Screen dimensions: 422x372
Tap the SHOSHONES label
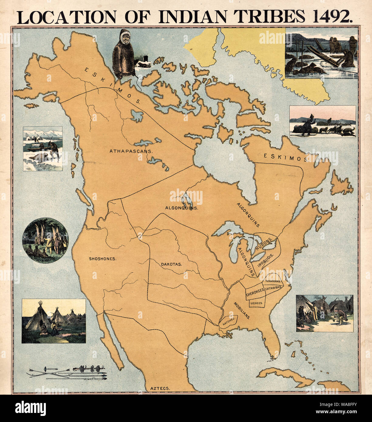click(x=103, y=259)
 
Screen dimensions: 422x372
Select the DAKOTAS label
click(x=172, y=264)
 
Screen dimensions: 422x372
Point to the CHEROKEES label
click(x=254, y=294)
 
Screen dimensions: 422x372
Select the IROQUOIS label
click(x=266, y=260)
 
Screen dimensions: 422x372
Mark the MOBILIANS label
click(x=242, y=310)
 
